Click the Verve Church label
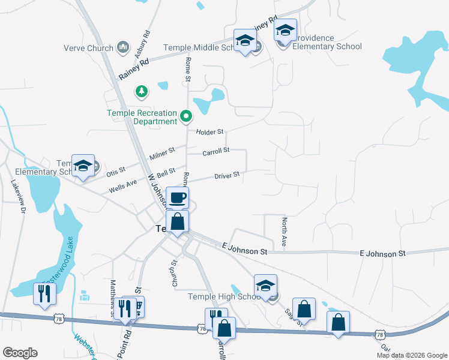(89, 48)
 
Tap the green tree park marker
(142, 91)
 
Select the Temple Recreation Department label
(142, 117)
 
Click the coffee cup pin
(177, 198)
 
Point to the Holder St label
(209, 131)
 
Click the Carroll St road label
(216, 151)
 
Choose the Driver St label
(228, 175)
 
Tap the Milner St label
(162, 154)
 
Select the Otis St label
(116, 172)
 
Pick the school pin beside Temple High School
(265, 286)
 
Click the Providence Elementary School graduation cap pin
(285, 30)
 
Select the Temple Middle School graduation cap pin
(244, 41)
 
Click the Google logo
(20, 353)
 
